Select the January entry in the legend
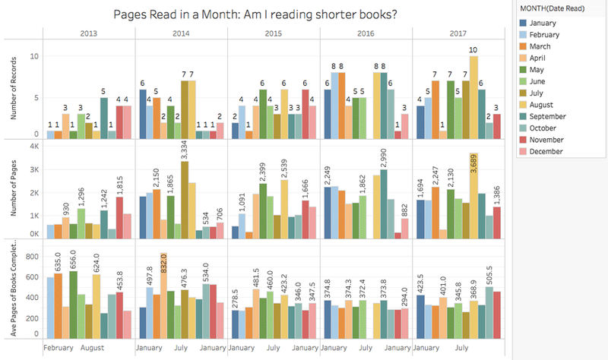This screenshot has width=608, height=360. [x=545, y=24]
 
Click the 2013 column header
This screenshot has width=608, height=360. [x=88, y=33]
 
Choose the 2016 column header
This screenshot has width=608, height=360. [x=366, y=33]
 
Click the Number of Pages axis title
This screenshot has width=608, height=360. [x=13, y=191]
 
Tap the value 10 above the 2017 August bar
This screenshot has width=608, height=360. [x=474, y=50]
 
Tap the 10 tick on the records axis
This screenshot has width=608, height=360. [x=33, y=56]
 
